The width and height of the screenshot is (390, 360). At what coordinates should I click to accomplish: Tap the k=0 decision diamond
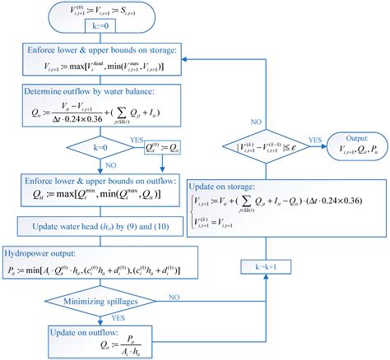click(x=104, y=150)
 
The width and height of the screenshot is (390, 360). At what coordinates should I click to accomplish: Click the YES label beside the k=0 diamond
click(x=137, y=141)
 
